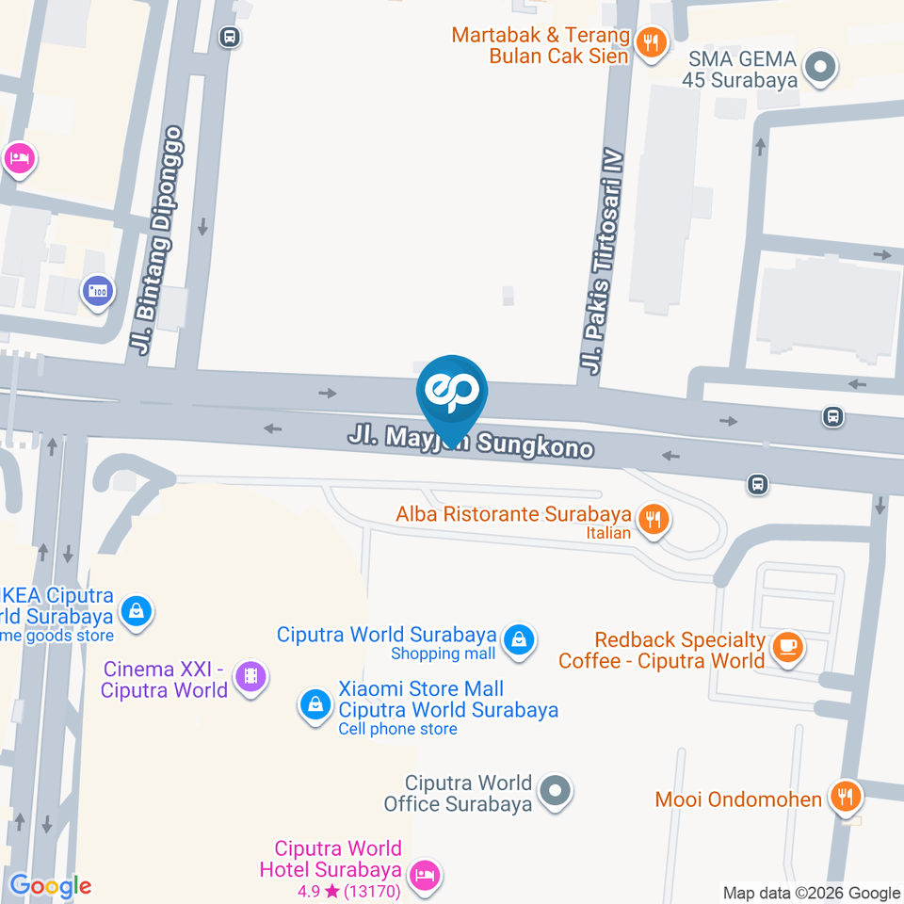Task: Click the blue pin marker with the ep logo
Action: pos(452,393)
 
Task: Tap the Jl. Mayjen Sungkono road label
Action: pos(471,441)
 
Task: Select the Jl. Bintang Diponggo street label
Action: pos(159,241)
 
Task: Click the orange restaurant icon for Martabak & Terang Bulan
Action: pos(650,42)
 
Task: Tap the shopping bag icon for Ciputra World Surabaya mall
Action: pos(517,640)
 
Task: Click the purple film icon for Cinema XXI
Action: pos(250,675)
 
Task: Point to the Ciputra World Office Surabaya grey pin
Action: pos(557,790)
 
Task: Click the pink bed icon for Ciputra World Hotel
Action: pos(426,875)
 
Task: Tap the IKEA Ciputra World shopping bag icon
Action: pos(137,611)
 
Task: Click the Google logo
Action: pos(50,885)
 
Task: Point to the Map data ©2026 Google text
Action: pos(811,893)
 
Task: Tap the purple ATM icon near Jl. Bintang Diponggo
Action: pos(97,291)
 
